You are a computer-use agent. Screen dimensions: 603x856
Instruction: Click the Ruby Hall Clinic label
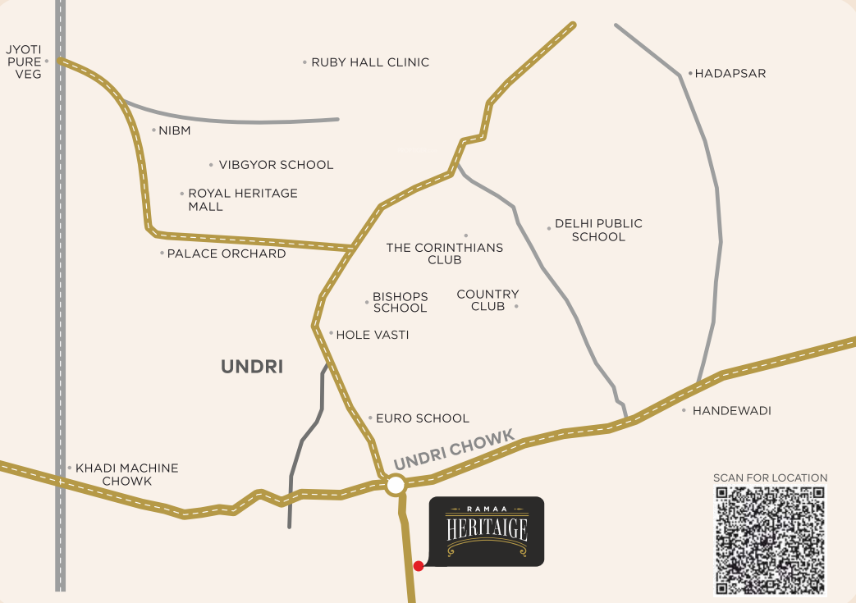[370, 62]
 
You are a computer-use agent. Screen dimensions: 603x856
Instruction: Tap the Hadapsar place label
[730, 73]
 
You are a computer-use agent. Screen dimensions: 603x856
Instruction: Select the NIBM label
[174, 130]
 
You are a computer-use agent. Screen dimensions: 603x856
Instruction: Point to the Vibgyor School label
[276, 165]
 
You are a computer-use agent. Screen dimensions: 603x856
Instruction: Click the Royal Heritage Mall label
[242, 200]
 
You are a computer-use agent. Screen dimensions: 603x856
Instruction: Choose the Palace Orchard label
[226, 254]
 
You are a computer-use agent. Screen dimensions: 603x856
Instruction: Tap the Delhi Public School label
[598, 230]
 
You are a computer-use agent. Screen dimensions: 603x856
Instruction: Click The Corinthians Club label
[445, 254]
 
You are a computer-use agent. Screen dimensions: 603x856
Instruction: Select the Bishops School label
[400, 302]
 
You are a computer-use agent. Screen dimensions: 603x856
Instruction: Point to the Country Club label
[488, 300]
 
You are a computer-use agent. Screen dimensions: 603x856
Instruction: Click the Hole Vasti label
[372, 335]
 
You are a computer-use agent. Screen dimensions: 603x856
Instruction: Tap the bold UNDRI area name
[252, 367]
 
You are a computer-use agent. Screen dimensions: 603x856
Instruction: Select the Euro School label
[422, 418]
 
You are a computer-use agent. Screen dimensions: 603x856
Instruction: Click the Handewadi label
[731, 410]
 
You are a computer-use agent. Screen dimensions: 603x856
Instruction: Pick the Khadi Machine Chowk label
[126, 474]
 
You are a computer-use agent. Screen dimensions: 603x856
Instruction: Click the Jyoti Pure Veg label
[23, 62]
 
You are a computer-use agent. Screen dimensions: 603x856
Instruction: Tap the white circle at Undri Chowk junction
[396, 485]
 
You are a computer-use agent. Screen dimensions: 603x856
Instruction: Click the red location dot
[419, 565]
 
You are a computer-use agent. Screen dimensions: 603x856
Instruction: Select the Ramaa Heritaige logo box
[487, 531]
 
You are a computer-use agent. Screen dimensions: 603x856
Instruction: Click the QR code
[770, 540]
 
